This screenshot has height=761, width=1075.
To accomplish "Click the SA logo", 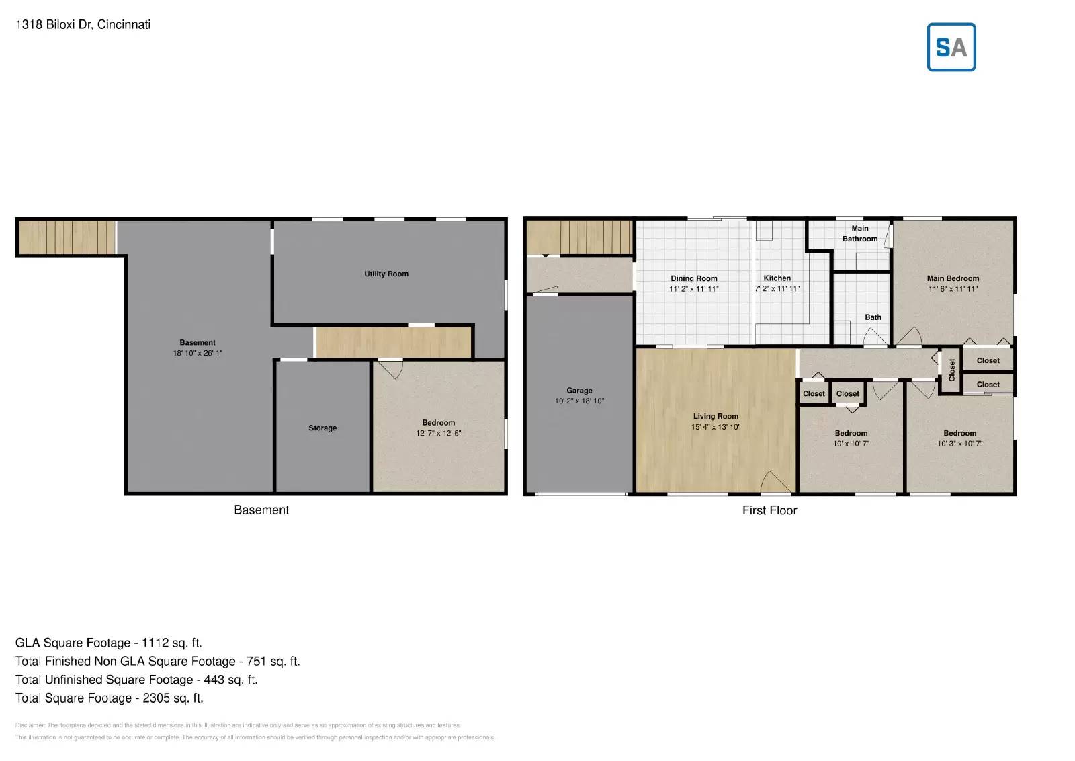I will (951, 47).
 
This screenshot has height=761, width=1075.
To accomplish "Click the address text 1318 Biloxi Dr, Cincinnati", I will (83, 24).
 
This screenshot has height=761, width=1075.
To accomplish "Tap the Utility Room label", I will (386, 274).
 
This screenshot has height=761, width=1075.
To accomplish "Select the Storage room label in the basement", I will (322, 428).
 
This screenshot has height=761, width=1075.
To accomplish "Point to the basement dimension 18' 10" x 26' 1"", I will (198, 353).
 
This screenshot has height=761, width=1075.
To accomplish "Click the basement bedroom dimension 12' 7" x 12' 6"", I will (438, 434).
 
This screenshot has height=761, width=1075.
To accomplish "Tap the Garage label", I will (579, 390).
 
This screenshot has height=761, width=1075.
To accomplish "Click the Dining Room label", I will (693, 278).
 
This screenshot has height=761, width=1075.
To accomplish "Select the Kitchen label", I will (777, 278).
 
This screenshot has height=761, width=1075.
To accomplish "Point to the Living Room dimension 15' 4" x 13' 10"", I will (716, 427).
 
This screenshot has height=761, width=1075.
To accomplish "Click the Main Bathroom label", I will (860, 233).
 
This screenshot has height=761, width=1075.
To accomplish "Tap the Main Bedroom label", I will (953, 278).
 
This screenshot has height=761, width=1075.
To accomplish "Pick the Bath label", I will (873, 317).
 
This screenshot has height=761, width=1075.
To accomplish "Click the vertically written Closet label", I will (951, 370).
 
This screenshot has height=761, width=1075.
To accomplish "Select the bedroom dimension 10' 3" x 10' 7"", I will (959, 444).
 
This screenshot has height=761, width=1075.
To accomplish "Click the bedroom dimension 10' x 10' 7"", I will (851, 444).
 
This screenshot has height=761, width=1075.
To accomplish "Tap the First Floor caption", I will (769, 510).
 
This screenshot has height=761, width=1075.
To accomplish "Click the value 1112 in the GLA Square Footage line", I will (155, 643).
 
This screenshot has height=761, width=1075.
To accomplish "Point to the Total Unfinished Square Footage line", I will (136, 680).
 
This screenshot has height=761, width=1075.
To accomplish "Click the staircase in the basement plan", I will (67, 237).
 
